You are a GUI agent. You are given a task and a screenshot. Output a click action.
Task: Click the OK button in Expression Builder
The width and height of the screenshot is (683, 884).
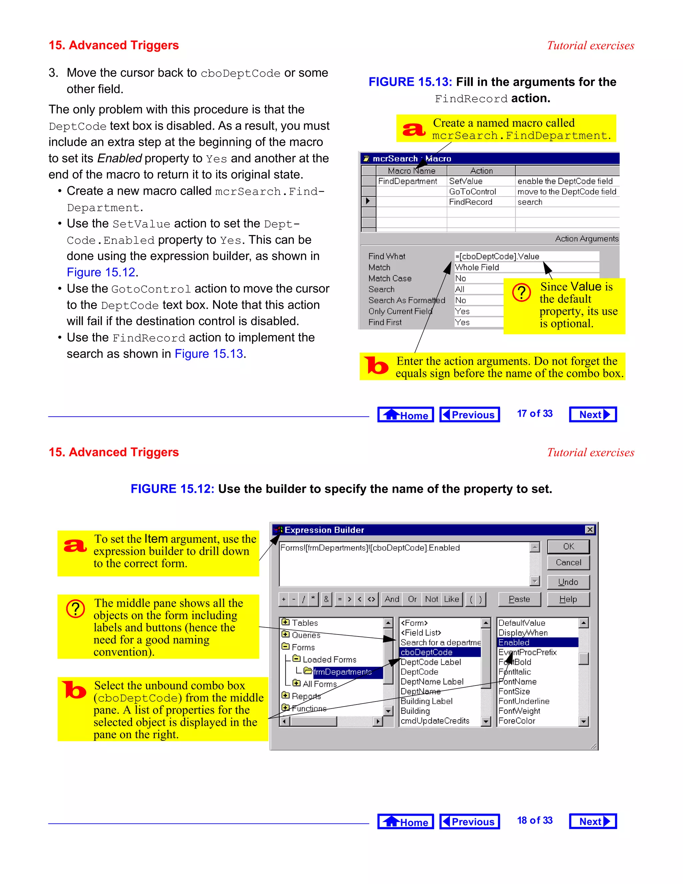(568, 546)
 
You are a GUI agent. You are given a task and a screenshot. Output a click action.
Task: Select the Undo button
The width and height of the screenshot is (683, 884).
(568, 582)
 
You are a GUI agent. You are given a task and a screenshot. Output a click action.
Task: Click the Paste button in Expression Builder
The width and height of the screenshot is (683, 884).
(519, 599)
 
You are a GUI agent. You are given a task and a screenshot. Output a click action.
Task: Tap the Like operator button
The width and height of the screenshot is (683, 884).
(451, 599)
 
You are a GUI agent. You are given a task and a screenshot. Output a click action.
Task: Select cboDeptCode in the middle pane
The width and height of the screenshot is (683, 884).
(440, 652)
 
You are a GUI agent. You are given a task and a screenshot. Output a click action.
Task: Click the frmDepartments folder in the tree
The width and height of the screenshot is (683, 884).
(342, 672)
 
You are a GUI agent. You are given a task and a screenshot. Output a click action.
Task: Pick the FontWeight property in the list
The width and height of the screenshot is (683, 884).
(519, 711)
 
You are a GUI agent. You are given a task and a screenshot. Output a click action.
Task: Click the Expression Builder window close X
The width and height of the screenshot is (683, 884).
(590, 529)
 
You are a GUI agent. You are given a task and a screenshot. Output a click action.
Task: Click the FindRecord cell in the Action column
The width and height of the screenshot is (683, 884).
(471, 202)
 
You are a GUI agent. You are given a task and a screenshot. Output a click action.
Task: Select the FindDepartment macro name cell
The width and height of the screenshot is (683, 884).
(408, 181)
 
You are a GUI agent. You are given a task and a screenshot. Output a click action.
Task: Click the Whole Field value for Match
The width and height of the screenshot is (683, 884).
(478, 267)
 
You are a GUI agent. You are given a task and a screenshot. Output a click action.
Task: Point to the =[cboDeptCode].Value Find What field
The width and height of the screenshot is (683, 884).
(498, 256)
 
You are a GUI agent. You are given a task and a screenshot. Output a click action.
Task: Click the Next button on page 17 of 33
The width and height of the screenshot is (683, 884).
(593, 414)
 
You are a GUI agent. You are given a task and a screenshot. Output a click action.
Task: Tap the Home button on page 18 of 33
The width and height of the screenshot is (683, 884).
(406, 822)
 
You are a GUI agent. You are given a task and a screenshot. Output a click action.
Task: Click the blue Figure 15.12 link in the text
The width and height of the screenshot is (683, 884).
(101, 273)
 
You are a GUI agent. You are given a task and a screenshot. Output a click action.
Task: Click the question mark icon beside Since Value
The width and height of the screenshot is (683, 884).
(522, 292)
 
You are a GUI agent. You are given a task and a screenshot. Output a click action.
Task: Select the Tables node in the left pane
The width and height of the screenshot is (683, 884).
(304, 623)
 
